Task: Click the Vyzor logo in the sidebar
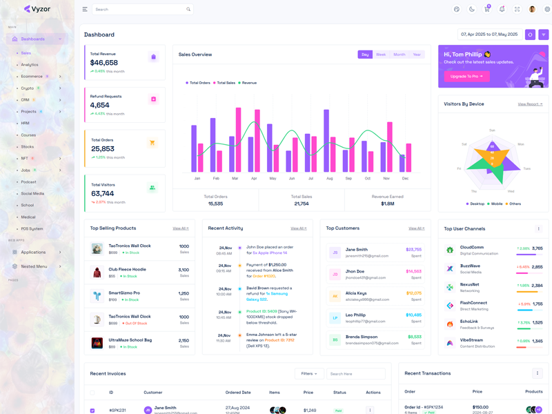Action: (x=37, y=9)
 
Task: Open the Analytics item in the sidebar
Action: (x=30, y=65)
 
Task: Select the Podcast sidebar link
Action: (x=29, y=182)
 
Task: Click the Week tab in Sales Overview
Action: (x=381, y=55)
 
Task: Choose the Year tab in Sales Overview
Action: (x=417, y=55)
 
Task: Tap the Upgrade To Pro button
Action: (x=466, y=77)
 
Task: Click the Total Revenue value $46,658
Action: (x=104, y=63)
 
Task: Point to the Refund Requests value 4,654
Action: (x=100, y=106)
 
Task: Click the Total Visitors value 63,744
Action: (x=103, y=194)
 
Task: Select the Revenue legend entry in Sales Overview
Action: (x=249, y=83)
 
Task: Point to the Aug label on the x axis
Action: (x=330, y=179)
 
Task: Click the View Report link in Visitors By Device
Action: (x=530, y=104)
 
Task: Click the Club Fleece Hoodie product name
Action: (x=128, y=269)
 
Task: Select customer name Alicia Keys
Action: (x=357, y=293)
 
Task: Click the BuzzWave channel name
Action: (x=470, y=266)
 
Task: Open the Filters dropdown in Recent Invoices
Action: (x=309, y=374)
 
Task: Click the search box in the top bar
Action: (x=141, y=10)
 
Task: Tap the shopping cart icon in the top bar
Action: (x=487, y=9)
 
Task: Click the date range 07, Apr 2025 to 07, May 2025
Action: (x=489, y=34)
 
